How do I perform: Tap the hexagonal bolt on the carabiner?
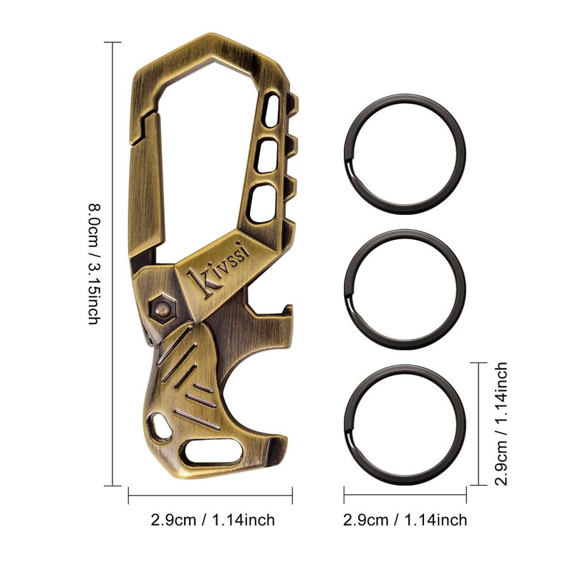pyautogui.click(x=163, y=308)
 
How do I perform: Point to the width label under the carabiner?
pyautogui.click(x=213, y=520)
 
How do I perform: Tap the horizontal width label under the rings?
pyautogui.click(x=405, y=520)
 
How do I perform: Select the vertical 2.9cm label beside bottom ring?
pyautogui.click(x=501, y=424)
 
